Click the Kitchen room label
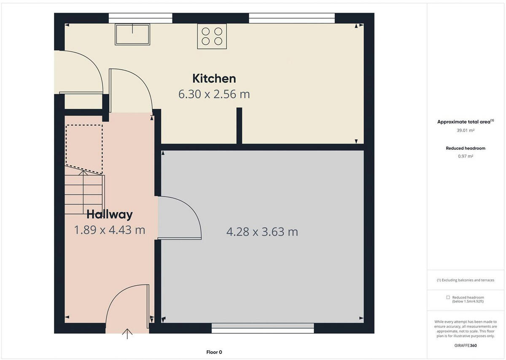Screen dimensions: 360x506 pos(214,78)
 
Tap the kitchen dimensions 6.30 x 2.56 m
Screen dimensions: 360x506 pos(214,94)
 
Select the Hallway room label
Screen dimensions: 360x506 pos(110,214)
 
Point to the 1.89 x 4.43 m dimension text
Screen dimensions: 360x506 pos(110,230)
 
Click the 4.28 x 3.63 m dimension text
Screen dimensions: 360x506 pos(262,232)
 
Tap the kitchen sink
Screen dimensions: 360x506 pos(132,34)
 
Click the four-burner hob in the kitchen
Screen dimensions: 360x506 pos(212,36)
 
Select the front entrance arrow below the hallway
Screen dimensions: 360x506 pos(127,333)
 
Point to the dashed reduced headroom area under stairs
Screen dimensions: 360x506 pos(84,148)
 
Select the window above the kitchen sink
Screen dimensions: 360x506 pos(140,18)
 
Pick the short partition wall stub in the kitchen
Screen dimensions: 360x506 pos(239,126)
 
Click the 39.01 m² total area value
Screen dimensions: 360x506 pos(466,131)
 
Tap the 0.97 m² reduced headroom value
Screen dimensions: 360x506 pos(466,156)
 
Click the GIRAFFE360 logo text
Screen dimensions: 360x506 pos(466,345)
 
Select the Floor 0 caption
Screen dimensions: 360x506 pos(214,352)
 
